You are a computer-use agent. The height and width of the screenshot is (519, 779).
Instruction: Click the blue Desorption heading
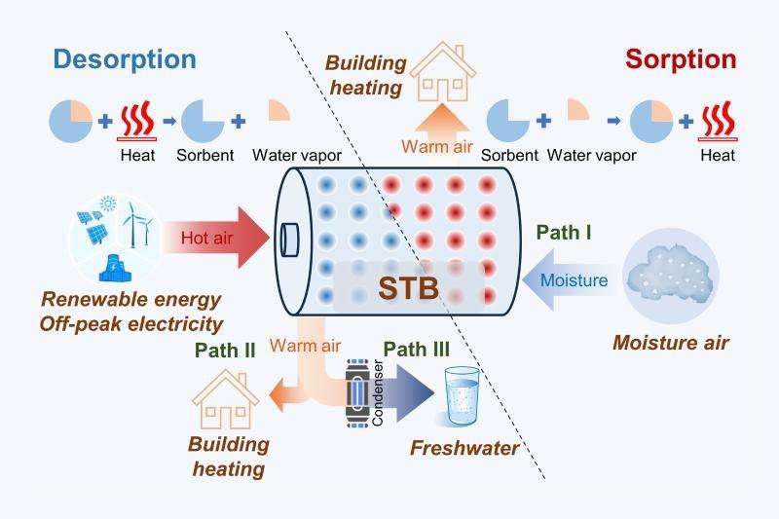click(x=125, y=58)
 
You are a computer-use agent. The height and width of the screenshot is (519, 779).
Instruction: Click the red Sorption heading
click(x=681, y=58)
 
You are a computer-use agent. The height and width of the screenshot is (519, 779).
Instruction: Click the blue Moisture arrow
click(x=569, y=280)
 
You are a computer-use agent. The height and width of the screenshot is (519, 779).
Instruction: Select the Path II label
click(x=224, y=350)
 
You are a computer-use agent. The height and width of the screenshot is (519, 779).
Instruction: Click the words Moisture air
click(x=670, y=343)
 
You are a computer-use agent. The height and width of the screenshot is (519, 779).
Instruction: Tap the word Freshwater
click(x=464, y=449)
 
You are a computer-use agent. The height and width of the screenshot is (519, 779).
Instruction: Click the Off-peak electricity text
click(x=132, y=323)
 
